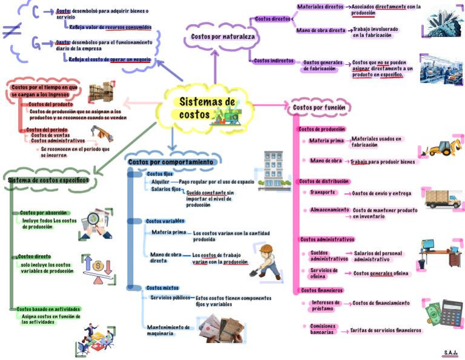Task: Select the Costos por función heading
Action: click(x=319, y=108)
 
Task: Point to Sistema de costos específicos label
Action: click(x=48, y=180)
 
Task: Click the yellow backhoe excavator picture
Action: click(x=441, y=148)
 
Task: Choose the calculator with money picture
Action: click(x=446, y=313)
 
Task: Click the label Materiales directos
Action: click(x=320, y=7)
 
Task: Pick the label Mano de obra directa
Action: click(x=321, y=30)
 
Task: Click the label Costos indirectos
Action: click(x=274, y=61)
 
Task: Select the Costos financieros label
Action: click(x=322, y=290)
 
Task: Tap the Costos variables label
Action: click(x=165, y=221)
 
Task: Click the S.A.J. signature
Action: click(x=450, y=352)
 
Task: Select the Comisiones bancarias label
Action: click(x=323, y=329)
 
